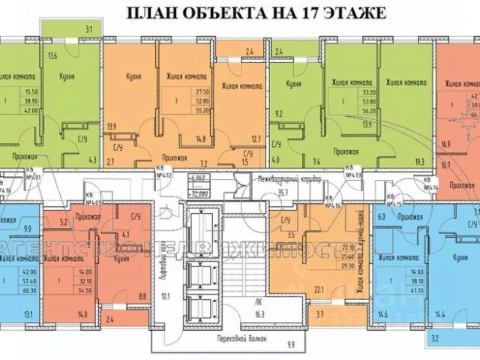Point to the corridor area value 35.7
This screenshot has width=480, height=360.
tap(283, 191)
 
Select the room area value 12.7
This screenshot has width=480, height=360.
tap(255, 138)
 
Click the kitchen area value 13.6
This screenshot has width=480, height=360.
tap(53, 55)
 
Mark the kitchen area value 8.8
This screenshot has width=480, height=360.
tap(142, 296)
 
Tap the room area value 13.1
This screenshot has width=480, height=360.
tap(28, 313)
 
